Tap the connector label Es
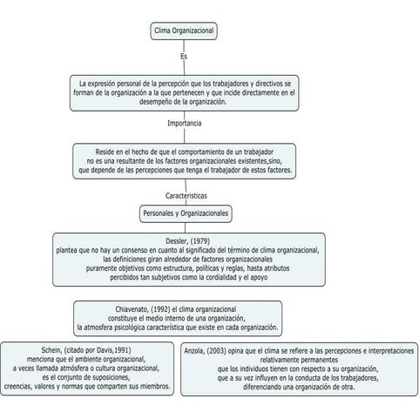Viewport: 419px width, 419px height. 184,57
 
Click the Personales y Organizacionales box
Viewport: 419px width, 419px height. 186,213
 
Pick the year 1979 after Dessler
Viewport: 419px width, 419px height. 200,240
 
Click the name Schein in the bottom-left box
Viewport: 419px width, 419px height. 53,349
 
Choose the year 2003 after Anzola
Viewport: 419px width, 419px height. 221,349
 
